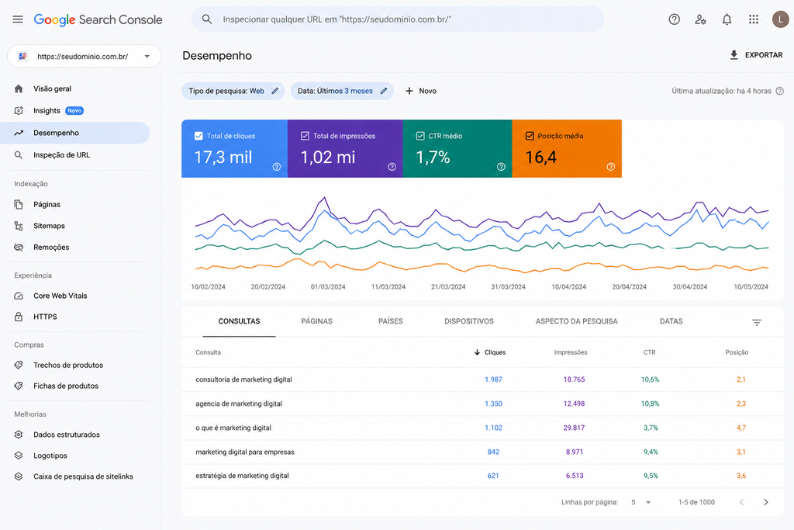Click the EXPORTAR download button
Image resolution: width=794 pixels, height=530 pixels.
tap(755, 55)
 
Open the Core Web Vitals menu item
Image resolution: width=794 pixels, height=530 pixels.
tap(60, 296)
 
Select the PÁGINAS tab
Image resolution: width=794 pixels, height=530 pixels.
tap(316, 321)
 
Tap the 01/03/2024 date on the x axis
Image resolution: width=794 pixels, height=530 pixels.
tap(328, 287)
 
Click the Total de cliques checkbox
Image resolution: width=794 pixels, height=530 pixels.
tap(198, 136)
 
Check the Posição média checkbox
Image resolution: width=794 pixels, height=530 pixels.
tap(530, 136)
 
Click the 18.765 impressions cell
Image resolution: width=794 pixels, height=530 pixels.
tap(574, 379)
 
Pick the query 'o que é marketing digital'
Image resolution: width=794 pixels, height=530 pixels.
tap(233, 428)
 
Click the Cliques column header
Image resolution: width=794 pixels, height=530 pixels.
tap(490, 352)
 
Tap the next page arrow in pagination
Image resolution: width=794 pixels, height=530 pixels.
tap(765, 502)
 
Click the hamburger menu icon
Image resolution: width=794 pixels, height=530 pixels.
tap(18, 19)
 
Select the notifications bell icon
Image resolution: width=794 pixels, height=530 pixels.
tap(727, 19)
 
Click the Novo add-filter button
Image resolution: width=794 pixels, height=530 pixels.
tap(421, 92)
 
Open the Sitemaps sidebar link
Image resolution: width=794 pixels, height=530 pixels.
tap(49, 226)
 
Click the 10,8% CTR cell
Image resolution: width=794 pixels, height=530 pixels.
tap(651, 404)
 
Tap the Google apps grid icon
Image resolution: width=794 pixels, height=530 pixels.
tap(754, 19)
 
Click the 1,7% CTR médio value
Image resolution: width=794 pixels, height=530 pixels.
tap(433, 157)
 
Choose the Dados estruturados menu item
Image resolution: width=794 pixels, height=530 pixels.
tap(67, 435)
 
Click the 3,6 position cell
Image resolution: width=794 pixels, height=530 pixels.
tap(740, 476)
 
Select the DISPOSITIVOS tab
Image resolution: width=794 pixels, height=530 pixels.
tap(469, 321)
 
